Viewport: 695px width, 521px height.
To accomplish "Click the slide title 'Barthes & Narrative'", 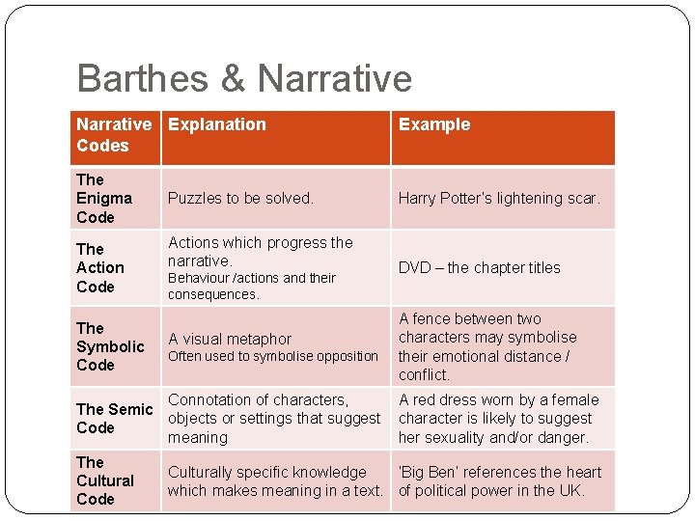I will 244,79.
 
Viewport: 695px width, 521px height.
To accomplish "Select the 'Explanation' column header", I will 216,124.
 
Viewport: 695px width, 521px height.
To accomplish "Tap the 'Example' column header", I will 434,124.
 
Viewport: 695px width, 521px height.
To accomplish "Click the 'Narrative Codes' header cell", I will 114,135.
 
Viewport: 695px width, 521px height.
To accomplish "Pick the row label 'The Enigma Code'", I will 103,198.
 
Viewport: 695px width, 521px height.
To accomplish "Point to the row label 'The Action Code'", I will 100,267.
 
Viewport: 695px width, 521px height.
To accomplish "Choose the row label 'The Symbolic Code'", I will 110,346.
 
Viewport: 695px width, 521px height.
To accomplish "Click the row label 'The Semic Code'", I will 114,419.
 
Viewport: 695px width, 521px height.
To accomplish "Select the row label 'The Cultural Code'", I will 104,480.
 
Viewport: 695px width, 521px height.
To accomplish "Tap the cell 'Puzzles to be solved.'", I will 240,198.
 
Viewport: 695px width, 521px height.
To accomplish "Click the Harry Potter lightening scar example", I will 499,198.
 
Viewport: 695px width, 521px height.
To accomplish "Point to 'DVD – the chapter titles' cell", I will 479,267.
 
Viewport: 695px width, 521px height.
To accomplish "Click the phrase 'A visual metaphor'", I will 230,339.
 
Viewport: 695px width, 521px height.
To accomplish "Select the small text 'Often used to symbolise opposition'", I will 273,356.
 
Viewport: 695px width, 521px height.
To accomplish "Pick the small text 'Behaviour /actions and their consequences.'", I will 252,286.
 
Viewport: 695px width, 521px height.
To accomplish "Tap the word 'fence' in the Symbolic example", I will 434,318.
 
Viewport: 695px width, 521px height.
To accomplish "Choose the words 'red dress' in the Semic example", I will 436,399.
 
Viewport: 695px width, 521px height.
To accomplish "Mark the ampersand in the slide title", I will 232,79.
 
